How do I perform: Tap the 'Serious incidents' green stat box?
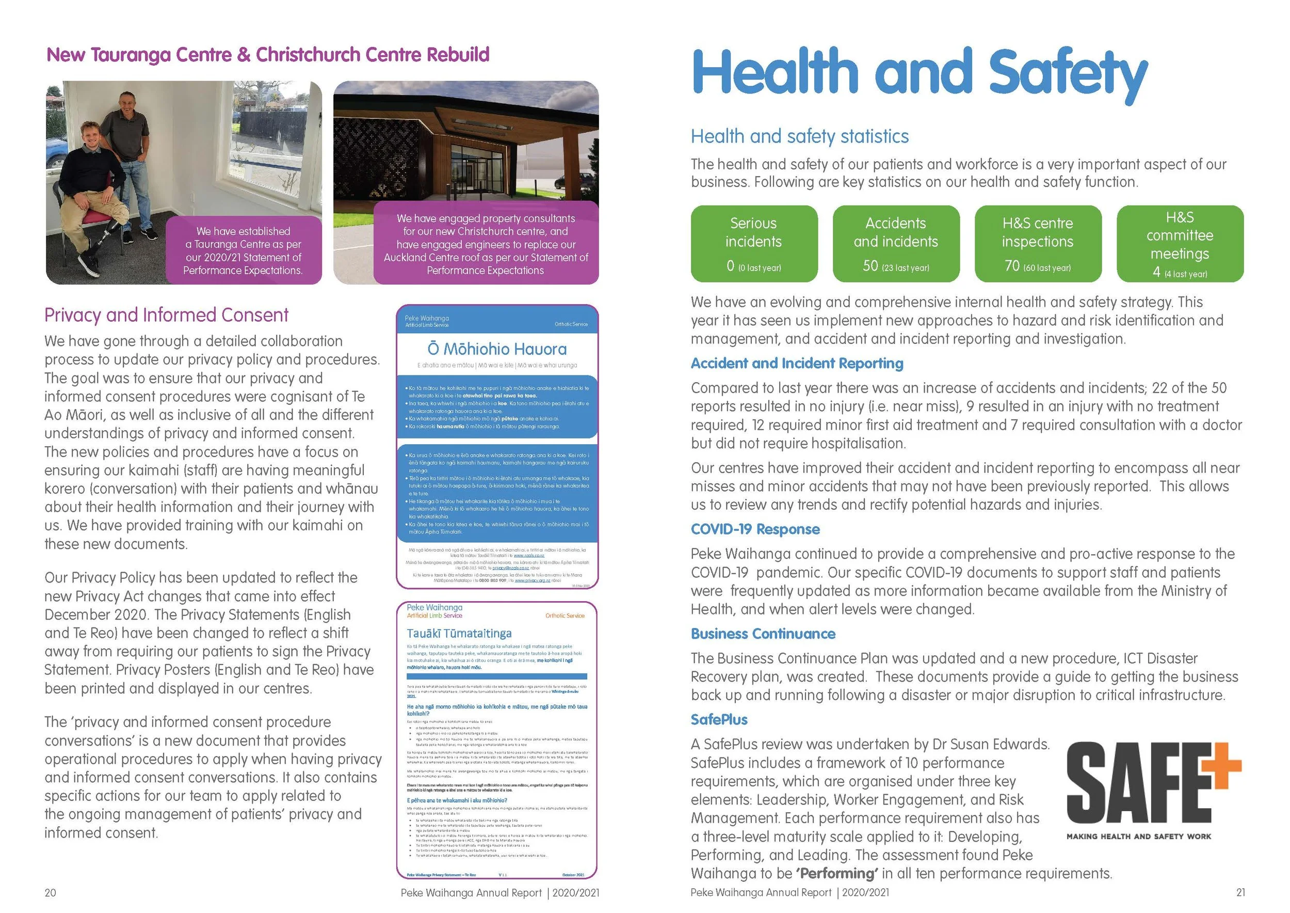pyautogui.click(x=753, y=243)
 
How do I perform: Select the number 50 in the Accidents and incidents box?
pyautogui.click(x=870, y=266)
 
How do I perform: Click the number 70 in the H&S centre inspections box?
pyautogui.click(x=1011, y=266)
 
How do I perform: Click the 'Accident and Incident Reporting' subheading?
pyautogui.click(x=797, y=364)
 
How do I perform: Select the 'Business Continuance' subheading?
pyautogui.click(x=763, y=634)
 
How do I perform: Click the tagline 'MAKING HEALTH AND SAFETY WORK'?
pyautogui.click(x=1138, y=837)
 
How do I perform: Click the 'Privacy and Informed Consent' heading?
pyautogui.click(x=166, y=315)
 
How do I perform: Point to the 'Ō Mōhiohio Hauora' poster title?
pyautogui.click(x=497, y=349)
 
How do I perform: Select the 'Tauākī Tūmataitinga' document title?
pyautogui.click(x=459, y=634)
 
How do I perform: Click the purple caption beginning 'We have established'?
pyautogui.click(x=243, y=251)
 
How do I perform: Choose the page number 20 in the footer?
pyautogui.click(x=50, y=893)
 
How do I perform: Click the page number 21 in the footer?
pyautogui.click(x=1240, y=893)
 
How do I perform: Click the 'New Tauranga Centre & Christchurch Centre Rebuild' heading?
pyautogui.click(x=267, y=55)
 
